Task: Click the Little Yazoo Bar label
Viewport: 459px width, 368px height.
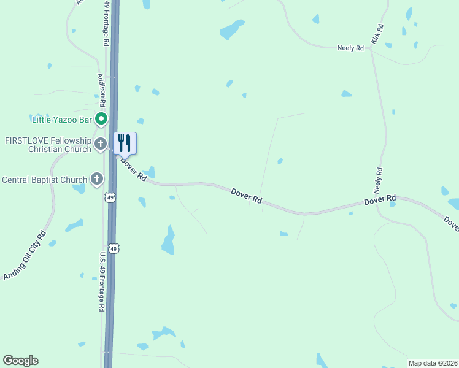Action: click(x=62, y=118)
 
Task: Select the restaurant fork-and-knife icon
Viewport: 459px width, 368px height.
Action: click(x=125, y=143)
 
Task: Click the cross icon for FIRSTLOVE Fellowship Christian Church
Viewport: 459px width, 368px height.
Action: click(x=101, y=145)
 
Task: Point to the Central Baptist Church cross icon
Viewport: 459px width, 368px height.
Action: click(x=96, y=179)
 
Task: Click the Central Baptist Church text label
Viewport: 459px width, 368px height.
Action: click(x=45, y=180)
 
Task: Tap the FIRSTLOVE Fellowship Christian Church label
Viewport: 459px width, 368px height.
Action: click(x=47, y=145)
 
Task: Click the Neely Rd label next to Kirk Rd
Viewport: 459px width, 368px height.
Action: click(x=350, y=47)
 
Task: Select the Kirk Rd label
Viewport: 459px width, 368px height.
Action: click(x=377, y=36)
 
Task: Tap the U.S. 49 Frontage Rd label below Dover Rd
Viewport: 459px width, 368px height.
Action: click(x=102, y=282)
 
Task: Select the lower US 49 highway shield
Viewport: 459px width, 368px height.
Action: click(x=114, y=248)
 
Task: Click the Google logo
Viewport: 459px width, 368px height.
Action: click(x=20, y=361)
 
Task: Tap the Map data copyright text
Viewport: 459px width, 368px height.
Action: click(x=433, y=363)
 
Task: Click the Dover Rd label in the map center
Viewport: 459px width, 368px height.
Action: click(x=247, y=196)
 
